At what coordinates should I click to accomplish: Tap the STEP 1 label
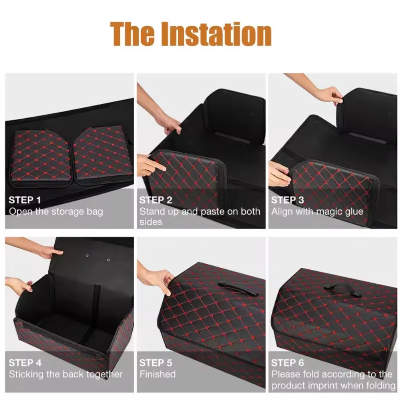25,200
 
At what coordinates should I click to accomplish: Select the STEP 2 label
156,200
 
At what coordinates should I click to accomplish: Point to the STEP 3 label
287,200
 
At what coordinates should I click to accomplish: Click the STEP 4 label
25,363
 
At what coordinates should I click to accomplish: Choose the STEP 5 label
156,363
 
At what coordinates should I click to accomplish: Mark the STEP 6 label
287,363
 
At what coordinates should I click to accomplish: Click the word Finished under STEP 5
158,374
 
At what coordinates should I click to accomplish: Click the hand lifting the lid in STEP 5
159,277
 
